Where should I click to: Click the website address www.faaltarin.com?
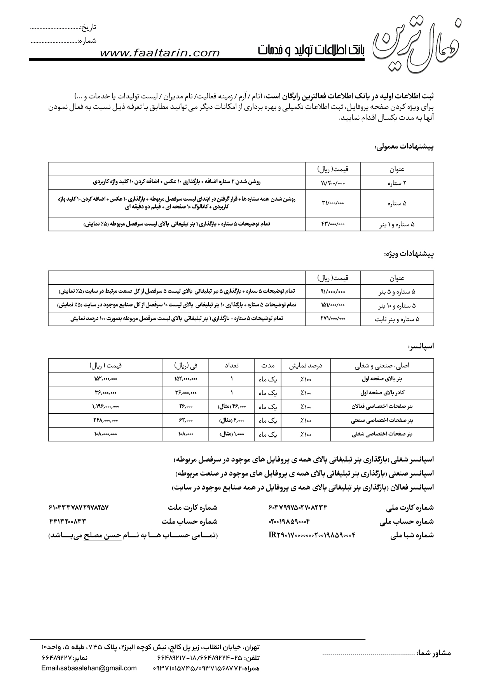[x=160, y=53]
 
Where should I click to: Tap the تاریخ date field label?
[x=88, y=27]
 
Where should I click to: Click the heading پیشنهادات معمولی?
[x=403, y=147]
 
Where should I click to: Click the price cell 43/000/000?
[x=333, y=224]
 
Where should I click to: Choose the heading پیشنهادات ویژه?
[x=409, y=254]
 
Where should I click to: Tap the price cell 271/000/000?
[x=333, y=318]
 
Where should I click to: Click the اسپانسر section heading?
[x=421, y=346]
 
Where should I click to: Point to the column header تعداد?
[x=232, y=365]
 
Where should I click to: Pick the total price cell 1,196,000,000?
[x=105, y=406]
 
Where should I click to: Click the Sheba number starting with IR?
[x=312, y=535]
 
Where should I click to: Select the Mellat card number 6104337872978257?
[x=79, y=508]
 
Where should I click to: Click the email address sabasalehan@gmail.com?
[x=89, y=668]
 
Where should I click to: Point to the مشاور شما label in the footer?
[x=433, y=653]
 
